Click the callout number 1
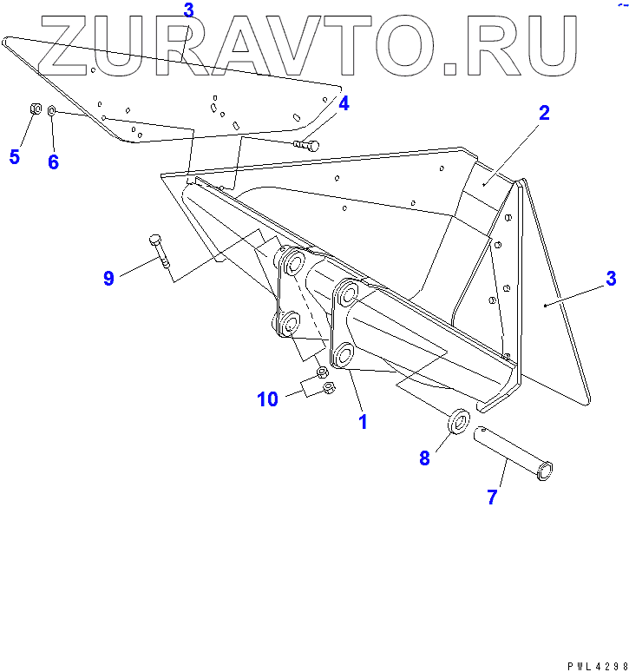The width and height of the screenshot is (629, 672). (363, 422)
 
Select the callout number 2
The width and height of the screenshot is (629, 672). (544, 113)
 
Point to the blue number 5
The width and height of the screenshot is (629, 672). (14, 157)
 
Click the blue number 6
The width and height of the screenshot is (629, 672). (53, 162)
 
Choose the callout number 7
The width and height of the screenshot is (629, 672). (492, 497)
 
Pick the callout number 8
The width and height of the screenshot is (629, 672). (424, 458)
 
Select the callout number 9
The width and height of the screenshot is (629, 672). (108, 279)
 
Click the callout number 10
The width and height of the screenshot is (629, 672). (267, 399)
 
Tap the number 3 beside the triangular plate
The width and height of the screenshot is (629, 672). (611, 279)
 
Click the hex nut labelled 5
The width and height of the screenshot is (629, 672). (33, 109)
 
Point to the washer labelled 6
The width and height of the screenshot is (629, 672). (52, 111)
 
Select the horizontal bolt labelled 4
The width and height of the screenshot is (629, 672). (306, 144)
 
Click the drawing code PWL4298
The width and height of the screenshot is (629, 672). (597, 666)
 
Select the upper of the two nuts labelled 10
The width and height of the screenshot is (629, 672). (322, 372)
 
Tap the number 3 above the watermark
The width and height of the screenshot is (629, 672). (188, 10)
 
